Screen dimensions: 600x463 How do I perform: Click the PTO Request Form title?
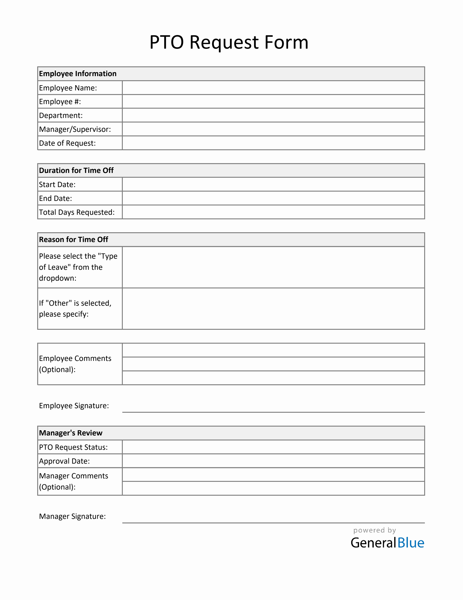pos(229,42)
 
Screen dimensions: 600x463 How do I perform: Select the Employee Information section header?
pos(78,74)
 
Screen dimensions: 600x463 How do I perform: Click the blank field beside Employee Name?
pos(273,88)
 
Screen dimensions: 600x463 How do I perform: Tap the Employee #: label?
pos(60,102)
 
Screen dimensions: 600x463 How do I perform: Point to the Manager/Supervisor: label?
pos(75,129)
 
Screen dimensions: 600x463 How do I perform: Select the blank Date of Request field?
pos(273,143)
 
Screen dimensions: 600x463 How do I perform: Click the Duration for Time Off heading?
pos(76,170)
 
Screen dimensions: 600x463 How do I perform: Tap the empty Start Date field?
pos(273,184)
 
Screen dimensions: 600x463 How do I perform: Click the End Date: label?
pos(55,198)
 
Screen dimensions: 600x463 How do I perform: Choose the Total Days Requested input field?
pos(273,212)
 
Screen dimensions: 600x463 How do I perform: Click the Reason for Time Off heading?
pos(74,240)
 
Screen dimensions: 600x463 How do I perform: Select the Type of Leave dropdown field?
pos(273,267)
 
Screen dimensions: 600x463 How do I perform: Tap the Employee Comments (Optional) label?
pos(75,364)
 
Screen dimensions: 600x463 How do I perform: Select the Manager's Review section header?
pos(71,433)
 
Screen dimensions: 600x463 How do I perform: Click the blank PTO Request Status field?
pos(273,447)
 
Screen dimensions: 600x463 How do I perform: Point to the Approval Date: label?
pos(64,461)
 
